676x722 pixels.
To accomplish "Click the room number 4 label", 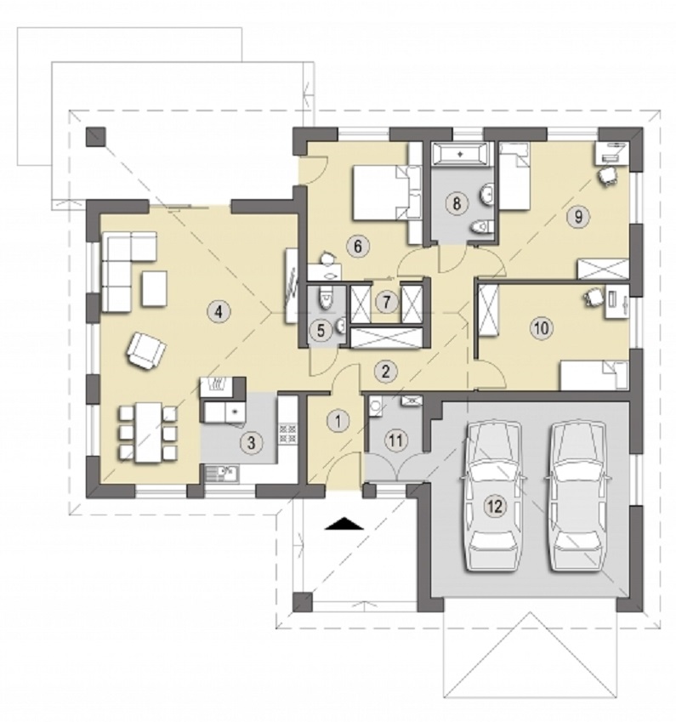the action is point(219,312).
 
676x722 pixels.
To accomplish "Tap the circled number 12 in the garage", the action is point(495,507).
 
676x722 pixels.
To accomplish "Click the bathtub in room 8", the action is point(459,153).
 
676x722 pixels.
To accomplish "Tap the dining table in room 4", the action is point(148,432).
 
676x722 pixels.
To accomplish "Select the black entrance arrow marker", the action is point(344,524).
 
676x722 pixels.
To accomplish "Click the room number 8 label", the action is point(457,203).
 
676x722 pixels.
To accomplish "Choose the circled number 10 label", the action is point(542,328).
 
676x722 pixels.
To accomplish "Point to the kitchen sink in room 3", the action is point(220,474).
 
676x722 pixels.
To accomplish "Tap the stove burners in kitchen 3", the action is point(287,433).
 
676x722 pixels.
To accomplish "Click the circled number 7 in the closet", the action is point(386,303).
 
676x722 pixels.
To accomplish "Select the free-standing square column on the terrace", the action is point(96,137).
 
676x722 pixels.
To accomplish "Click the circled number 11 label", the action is point(395,441).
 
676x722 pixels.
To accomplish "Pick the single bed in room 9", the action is point(514,176).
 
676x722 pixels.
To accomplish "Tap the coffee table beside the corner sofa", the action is point(154,288).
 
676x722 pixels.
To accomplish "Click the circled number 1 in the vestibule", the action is point(339,420).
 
